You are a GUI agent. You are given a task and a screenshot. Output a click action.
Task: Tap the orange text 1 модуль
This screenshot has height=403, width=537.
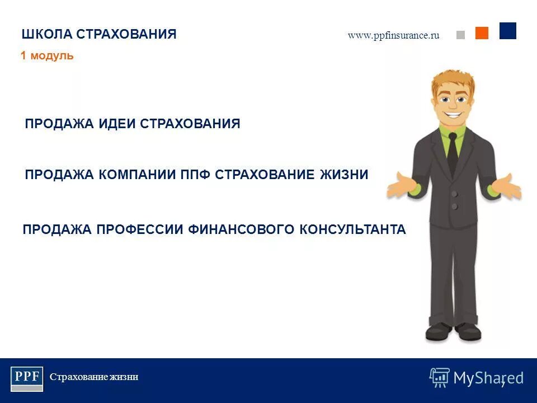tap(47, 56)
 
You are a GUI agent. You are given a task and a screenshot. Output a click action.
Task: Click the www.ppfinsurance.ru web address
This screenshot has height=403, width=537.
tap(393, 35)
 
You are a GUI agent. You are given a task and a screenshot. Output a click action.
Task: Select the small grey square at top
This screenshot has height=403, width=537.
tap(460, 35)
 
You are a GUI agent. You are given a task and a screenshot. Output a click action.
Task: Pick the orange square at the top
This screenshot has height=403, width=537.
tap(482, 33)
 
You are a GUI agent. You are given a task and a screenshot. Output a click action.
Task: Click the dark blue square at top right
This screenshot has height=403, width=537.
tap(507, 31)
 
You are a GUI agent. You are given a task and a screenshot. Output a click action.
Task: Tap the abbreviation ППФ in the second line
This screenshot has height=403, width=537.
tap(196, 175)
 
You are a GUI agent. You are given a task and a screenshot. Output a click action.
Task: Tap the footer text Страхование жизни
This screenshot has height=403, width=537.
tap(94, 377)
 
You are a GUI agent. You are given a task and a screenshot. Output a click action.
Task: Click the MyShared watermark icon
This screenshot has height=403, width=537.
tap(439, 377)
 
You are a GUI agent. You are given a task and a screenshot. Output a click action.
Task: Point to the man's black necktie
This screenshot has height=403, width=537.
tap(452, 151)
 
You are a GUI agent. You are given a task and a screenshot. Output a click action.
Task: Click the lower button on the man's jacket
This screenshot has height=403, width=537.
tap(454, 207)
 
